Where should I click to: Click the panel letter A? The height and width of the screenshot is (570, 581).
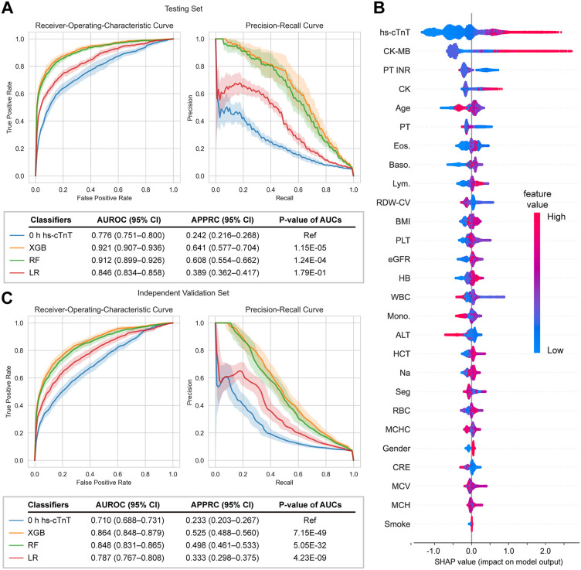[x=8, y=8]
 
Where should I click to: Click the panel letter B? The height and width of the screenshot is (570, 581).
[x=379, y=8]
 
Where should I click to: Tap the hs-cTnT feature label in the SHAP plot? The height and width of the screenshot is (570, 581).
[x=395, y=32]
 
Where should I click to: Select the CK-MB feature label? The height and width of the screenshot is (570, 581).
[x=396, y=51]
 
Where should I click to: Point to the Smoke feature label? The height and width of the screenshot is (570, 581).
[x=397, y=524]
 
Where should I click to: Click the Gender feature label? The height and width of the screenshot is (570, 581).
[x=396, y=449]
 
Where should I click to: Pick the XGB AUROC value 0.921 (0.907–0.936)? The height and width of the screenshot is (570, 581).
[x=128, y=247]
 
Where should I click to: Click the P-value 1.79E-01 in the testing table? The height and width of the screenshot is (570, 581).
[x=310, y=272]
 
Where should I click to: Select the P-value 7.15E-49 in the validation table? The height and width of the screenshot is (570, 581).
[x=310, y=533]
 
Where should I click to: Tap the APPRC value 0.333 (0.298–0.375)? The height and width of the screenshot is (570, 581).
[x=223, y=558]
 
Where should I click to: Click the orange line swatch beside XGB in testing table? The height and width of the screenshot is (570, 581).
[x=17, y=247]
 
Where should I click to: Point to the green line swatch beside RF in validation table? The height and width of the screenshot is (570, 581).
[x=17, y=545]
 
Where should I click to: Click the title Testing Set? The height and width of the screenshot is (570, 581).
[x=183, y=9]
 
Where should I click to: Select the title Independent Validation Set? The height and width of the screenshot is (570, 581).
[x=183, y=293]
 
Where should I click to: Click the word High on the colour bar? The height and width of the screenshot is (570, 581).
[x=556, y=217]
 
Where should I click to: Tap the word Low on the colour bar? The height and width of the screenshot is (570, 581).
[x=555, y=350]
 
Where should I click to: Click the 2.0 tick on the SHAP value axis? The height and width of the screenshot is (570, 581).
[x=545, y=551]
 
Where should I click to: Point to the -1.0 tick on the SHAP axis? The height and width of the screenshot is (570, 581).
[x=433, y=551]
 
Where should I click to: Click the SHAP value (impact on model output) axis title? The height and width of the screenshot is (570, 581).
[x=498, y=561]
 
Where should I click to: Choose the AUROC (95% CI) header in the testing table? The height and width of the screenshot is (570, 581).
[x=129, y=220]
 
